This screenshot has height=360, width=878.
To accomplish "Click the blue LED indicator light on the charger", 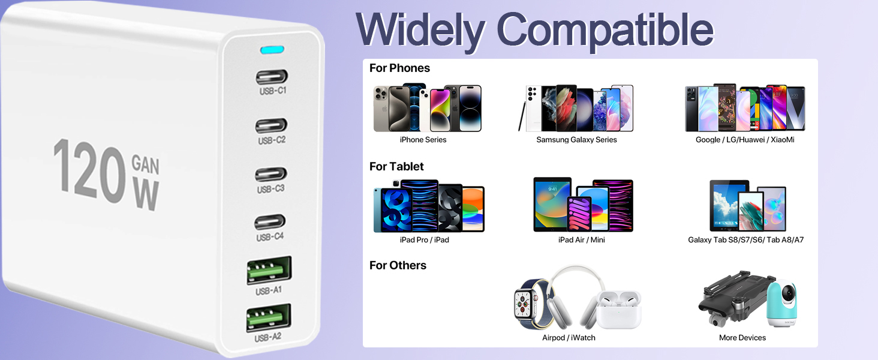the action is [272, 50].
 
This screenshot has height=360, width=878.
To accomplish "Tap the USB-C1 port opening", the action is [272, 77].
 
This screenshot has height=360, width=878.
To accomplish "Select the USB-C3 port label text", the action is [270, 189].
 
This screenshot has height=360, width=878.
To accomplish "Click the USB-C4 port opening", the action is [270, 223].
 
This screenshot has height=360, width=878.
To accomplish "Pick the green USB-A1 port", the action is [269, 270].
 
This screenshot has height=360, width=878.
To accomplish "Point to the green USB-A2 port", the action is [269, 317].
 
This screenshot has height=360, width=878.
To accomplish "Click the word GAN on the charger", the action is [145, 164].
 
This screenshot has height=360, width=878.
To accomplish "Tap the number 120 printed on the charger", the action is [90, 171].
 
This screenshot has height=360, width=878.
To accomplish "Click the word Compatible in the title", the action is [605, 31].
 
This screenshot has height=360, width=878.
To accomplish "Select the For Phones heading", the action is [399, 68].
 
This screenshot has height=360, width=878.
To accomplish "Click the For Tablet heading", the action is [396, 167].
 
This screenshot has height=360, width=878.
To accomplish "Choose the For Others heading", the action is [398, 265].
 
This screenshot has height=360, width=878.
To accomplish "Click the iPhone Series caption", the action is [423, 140].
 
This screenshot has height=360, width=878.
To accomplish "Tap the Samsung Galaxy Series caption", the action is [576, 140].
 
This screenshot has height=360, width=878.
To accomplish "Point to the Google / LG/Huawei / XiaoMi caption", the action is [745, 140].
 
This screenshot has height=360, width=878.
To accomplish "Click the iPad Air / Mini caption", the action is [581, 239].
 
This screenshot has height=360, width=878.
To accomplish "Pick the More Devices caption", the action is [742, 338].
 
